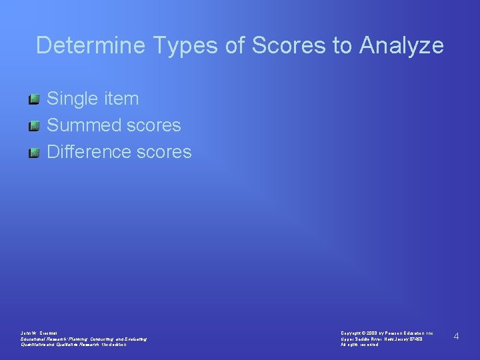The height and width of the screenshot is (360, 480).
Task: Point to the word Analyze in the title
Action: tap(402, 45)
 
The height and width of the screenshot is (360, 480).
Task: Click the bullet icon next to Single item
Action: tap(35, 99)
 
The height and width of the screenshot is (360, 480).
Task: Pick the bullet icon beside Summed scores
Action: tap(35, 126)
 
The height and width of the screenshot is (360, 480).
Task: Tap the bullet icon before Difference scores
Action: tap(35, 153)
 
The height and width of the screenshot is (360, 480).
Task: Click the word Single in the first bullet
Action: tap(73, 99)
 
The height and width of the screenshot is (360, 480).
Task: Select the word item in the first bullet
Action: tap(121, 99)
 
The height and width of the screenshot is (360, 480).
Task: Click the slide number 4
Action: tap(456, 337)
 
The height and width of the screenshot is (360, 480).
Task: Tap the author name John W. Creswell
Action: tap(39, 332)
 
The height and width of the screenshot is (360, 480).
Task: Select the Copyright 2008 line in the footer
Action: tap(387, 332)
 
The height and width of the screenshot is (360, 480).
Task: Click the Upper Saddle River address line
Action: tap(381, 339)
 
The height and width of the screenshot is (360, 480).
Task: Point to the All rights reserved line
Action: tap(359, 345)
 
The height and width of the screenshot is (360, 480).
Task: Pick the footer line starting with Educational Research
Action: tap(83, 339)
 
